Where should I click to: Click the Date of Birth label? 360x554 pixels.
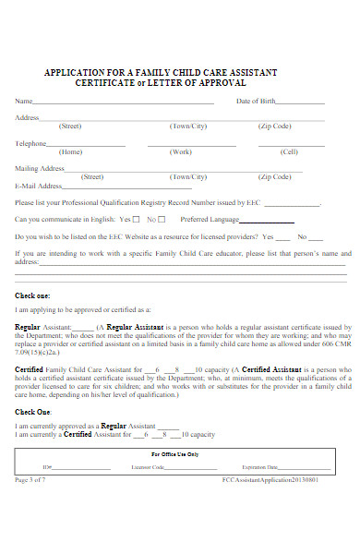pyautogui.click(x=256, y=101)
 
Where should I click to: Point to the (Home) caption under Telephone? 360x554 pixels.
pyautogui.click(x=70, y=151)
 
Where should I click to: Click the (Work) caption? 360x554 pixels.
pyautogui.click(x=181, y=151)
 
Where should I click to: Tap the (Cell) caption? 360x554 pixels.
pyautogui.click(x=289, y=151)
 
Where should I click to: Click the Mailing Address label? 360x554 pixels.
pyautogui.click(x=40, y=168)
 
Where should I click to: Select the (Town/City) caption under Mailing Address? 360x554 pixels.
pyautogui.click(x=188, y=176)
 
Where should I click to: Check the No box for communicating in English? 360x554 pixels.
pyautogui.click(x=162, y=220)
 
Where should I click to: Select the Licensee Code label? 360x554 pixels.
pyautogui.click(x=147, y=468)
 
